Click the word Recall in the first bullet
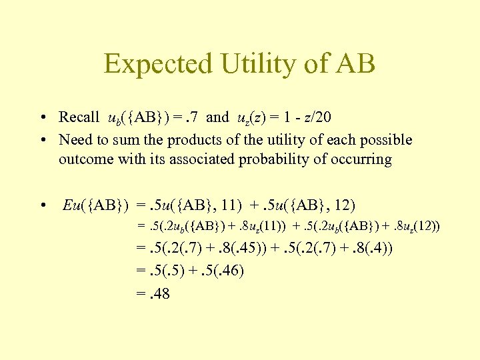point(79,117)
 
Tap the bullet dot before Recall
point(42,118)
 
